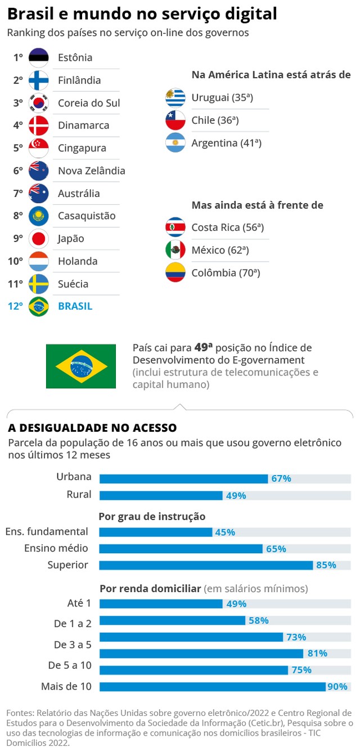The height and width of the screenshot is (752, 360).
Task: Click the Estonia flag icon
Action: click(x=39, y=58)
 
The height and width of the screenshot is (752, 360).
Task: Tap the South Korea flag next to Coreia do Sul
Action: click(x=39, y=103)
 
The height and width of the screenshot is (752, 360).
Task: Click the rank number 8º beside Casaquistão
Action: click(x=18, y=216)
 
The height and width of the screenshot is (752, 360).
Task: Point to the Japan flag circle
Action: click(x=39, y=239)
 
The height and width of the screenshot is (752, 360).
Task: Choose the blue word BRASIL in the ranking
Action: click(x=75, y=307)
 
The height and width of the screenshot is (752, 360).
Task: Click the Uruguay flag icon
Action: click(x=175, y=98)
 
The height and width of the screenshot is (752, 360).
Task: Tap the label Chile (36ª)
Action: click(x=215, y=120)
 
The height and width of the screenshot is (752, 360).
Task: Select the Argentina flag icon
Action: click(x=175, y=143)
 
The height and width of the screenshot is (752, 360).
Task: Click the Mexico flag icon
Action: click(x=175, y=250)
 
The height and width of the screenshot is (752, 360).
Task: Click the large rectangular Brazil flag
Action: click(x=81, y=366)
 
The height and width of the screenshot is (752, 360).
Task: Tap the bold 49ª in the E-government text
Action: click(x=203, y=348)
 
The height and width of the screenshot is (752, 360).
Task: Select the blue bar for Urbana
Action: click(x=183, y=478)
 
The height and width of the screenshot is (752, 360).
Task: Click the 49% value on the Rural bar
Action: click(x=236, y=495)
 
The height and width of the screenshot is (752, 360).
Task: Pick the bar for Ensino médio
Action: click(x=181, y=548)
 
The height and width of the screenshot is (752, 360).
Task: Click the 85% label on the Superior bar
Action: click(x=326, y=565)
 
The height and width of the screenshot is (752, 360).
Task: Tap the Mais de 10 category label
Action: click(x=66, y=687)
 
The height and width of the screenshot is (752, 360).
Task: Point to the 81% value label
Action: click(x=317, y=653)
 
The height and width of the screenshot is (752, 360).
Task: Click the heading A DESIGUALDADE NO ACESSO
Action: click(x=92, y=428)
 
